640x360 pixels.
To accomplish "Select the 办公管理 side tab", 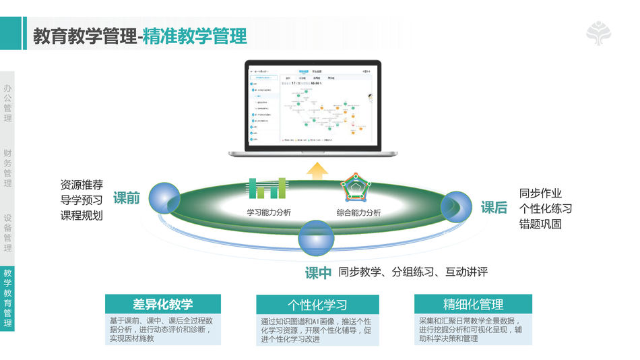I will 7,103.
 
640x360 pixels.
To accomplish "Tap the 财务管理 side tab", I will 7,169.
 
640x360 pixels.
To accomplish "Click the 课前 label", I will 126,198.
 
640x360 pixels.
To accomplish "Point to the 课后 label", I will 494,208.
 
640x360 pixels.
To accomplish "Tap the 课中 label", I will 319,272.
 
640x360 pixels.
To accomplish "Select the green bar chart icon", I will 267,189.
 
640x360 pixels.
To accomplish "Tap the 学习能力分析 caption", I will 269,212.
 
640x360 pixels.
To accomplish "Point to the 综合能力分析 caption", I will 358,212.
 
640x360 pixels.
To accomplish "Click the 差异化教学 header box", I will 163,304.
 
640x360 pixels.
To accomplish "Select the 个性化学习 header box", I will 317,305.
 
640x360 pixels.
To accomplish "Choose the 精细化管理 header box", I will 473,304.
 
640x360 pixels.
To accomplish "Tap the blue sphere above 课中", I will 316,236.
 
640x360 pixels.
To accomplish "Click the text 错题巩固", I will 540,224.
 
